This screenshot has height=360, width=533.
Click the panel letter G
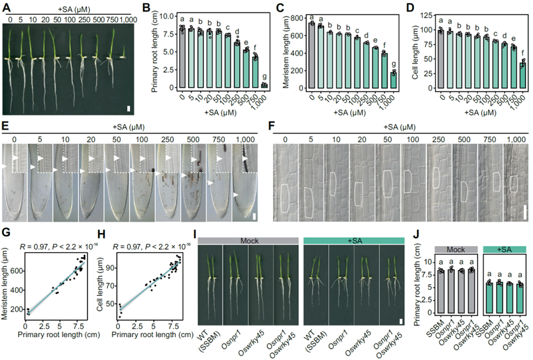(6, 232)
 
